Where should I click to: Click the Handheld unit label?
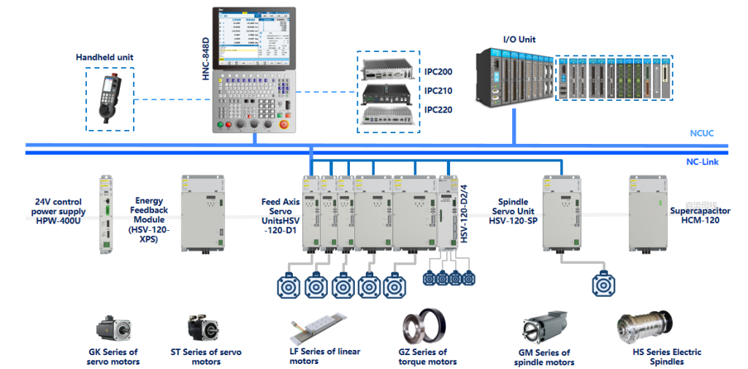pyautogui.click(x=104, y=57)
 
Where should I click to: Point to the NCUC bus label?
pyautogui.click(x=701, y=134)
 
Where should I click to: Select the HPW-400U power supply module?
pyautogui.click(x=106, y=214)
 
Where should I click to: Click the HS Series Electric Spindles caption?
pyautogui.click(x=666, y=357)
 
